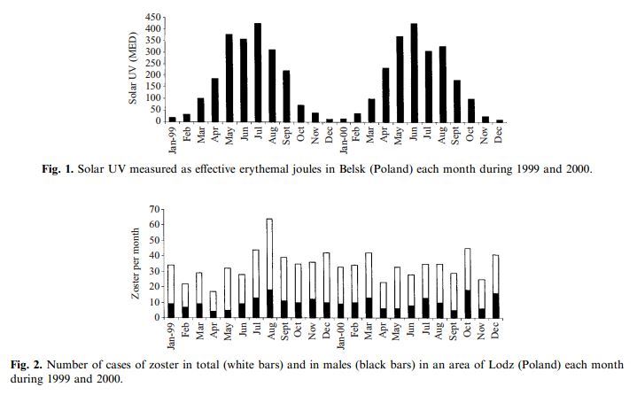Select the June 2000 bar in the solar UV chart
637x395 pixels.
click(413, 73)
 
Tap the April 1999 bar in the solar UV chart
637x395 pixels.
click(215, 99)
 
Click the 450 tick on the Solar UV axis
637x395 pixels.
click(151, 18)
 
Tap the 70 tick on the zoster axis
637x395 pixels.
click(155, 210)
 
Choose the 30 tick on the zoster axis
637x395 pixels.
click(155, 271)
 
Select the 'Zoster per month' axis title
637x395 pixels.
click(135, 263)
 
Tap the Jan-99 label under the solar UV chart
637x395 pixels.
click(173, 137)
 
